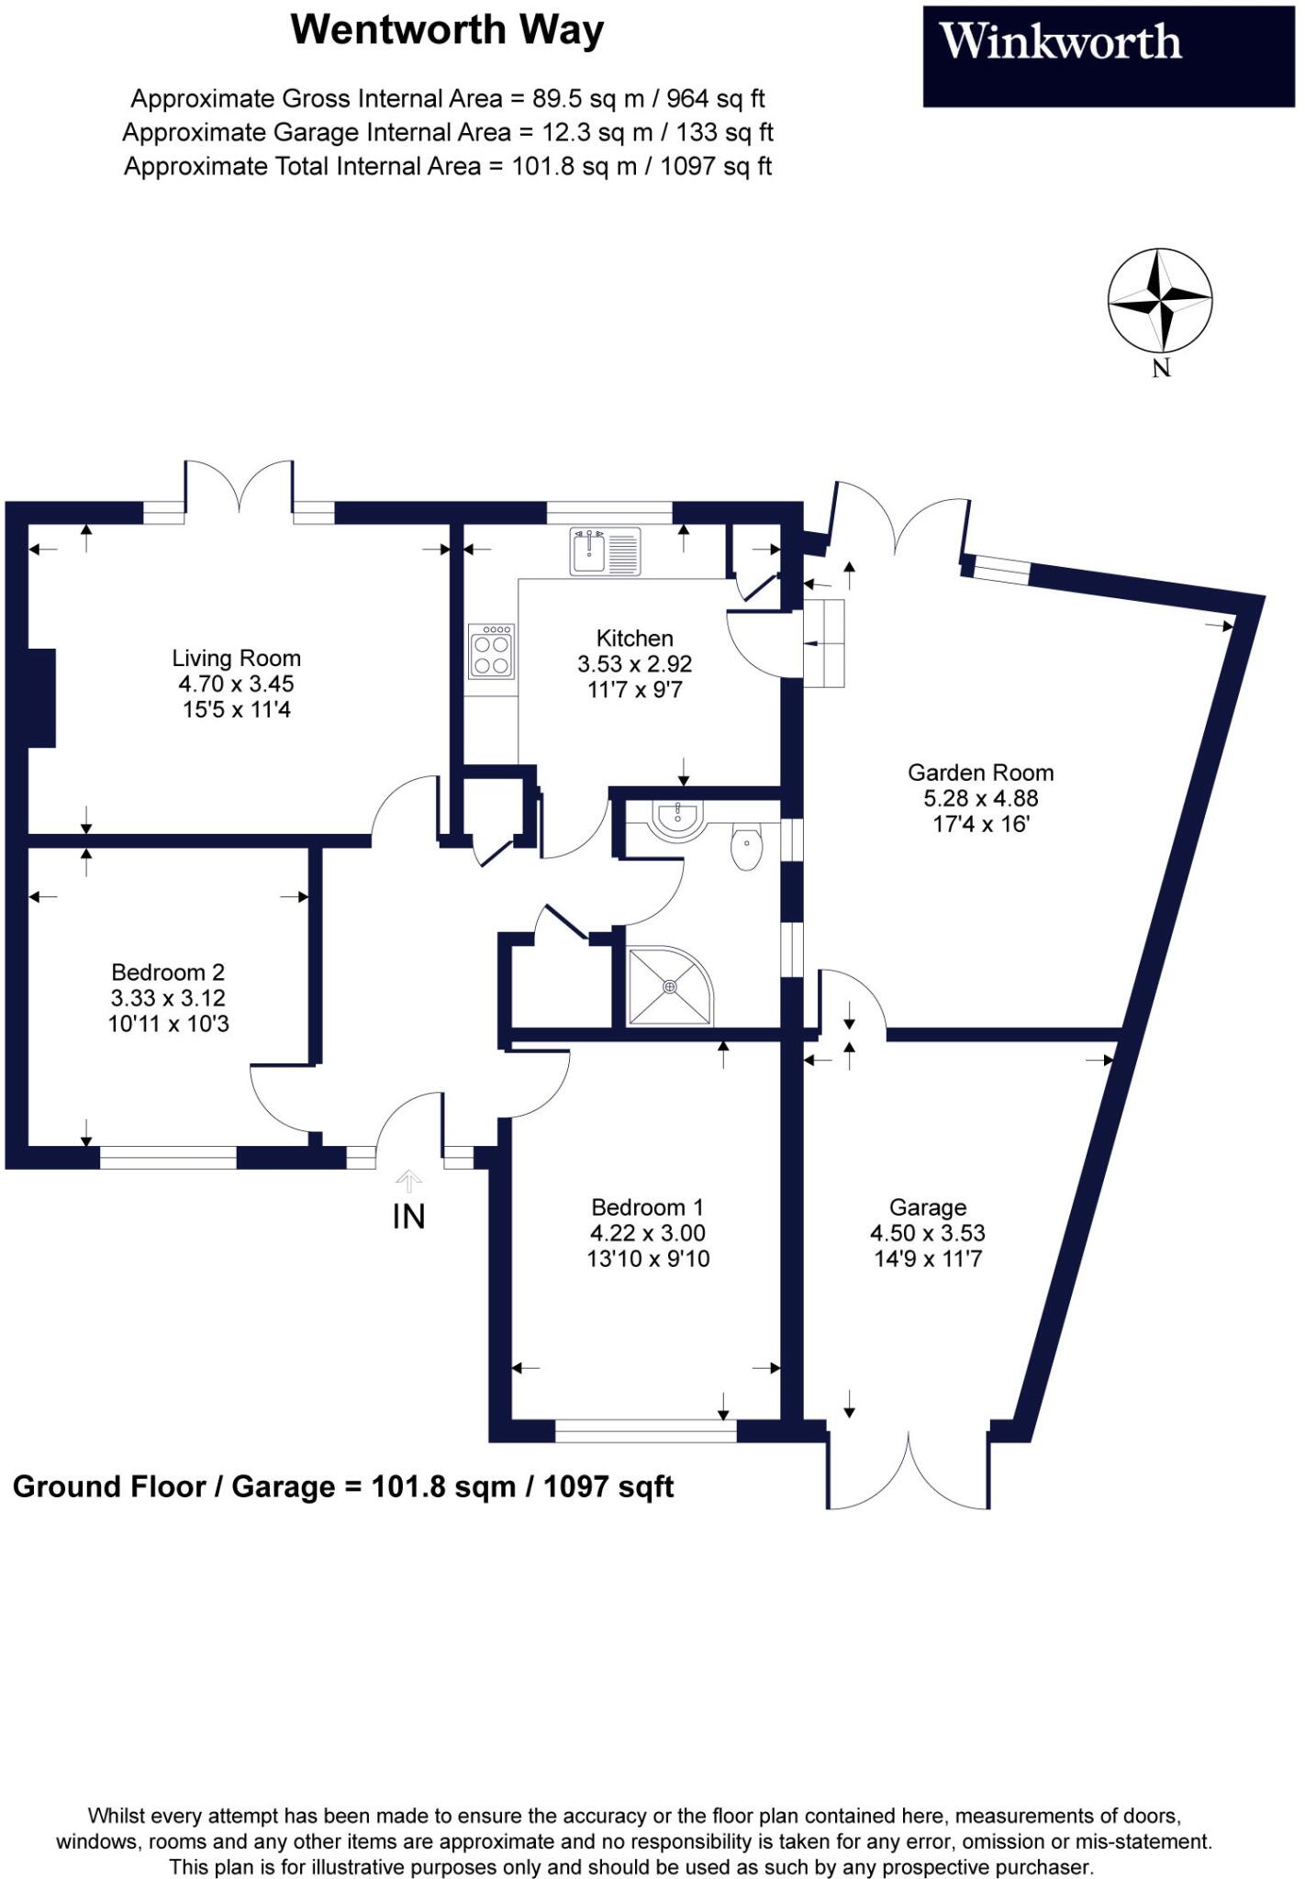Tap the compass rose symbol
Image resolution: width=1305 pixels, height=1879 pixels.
(x=1160, y=301)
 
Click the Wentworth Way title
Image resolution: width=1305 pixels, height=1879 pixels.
(x=447, y=30)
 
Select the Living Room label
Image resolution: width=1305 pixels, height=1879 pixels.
(x=237, y=658)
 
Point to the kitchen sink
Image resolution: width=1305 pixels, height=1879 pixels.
(x=604, y=550)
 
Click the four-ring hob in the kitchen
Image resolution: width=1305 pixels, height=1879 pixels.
(x=491, y=651)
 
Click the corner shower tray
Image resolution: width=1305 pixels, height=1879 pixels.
(x=669, y=987)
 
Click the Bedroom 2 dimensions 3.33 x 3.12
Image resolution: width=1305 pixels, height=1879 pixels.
(x=168, y=998)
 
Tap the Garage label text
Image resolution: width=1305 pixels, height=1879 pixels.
(x=928, y=1207)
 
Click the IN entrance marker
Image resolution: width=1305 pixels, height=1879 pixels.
(x=408, y=1217)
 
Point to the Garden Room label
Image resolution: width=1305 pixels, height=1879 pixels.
(x=980, y=773)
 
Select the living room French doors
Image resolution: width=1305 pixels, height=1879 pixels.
(x=240, y=485)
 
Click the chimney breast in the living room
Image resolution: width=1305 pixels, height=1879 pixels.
(x=41, y=697)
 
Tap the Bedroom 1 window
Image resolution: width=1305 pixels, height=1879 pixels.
(x=645, y=1430)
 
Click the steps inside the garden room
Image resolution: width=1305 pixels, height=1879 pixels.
(x=824, y=643)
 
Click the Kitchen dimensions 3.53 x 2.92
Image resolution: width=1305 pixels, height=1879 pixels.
(x=634, y=663)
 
